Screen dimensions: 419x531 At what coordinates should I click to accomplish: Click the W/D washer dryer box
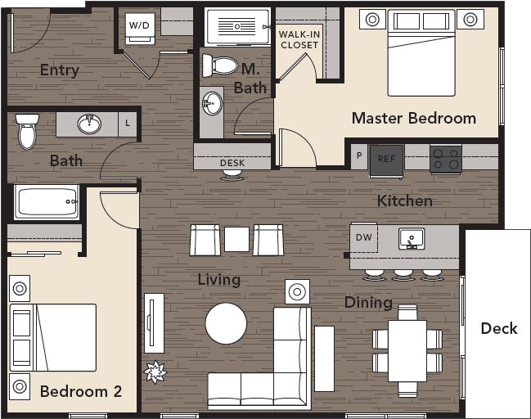pyautogui.click(x=139, y=25)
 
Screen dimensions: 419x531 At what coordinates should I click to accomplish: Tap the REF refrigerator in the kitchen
pyautogui.click(x=385, y=160)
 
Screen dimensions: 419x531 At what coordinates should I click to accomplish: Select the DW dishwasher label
pyautogui.click(x=364, y=238)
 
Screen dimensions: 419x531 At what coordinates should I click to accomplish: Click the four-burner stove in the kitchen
pyautogui.click(x=446, y=159)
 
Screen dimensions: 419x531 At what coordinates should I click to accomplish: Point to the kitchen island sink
pyautogui.click(x=411, y=239)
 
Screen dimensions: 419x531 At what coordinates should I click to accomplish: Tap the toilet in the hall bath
pyautogui.click(x=27, y=131)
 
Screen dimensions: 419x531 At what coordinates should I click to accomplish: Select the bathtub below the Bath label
pyautogui.click(x=47, y=202)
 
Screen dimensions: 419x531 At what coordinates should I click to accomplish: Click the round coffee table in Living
pyautogui.click(x=226, y=323)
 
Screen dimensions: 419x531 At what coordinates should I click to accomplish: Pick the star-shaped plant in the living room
pyautogui.click(x=155, y=372)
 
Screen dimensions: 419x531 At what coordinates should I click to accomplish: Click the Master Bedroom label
pyautogui.click(x=413, y=118)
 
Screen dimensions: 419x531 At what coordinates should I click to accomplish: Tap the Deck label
pyautogui.click(x=498, y=328)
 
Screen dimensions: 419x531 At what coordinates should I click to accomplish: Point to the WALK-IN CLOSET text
pyautogui.click(x=299, y=39)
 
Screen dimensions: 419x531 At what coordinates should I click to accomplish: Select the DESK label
pyautogui.click(x=232, y=163)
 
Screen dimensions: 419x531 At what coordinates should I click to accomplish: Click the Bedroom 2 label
pyautogui.click(x=81, y=391)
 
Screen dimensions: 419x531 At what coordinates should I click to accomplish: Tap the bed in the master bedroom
pyautogui.click(x=421, y=52)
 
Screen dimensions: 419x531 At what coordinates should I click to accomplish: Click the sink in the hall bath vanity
pyautogui.click(x=89, y=124)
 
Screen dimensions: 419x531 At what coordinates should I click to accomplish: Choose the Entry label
pyautogui.click(x=60, y=70)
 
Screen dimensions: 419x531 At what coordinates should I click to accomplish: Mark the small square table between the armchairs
pyautogui.click(x=236, y=239)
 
